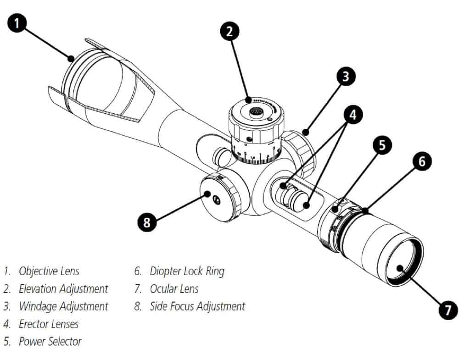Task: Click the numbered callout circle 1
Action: pos(17,23)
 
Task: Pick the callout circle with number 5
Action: pos(381,146)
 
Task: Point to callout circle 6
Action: pos(422,161)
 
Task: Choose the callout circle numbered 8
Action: pos(147,223)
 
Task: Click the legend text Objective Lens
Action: pos(49,271)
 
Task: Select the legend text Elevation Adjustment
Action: pos(63,288)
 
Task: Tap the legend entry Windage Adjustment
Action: pos(63,306)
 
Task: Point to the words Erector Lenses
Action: pos(49,324)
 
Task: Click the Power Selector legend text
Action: pos(50,341)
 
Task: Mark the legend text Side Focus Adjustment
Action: pos(197,306)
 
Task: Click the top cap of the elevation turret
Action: pos(254,111)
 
